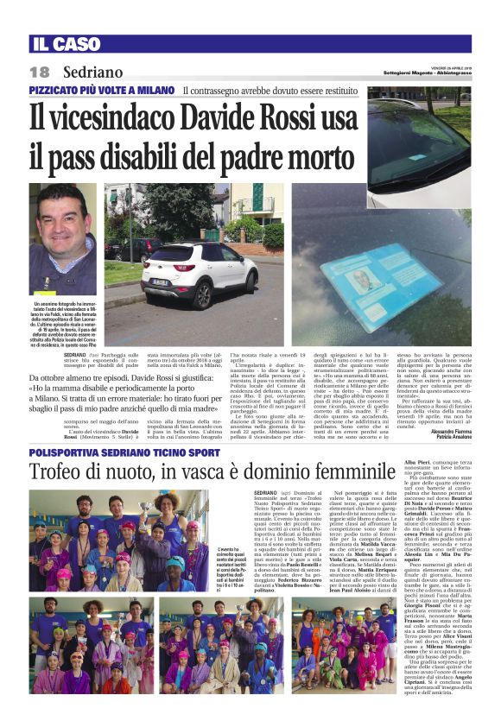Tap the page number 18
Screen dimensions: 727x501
pos(41,73)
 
